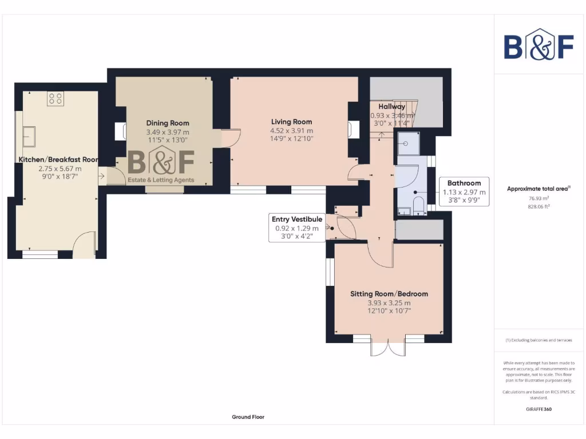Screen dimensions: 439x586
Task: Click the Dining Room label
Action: pos(167,123)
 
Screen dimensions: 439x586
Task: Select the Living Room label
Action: pos(291,122)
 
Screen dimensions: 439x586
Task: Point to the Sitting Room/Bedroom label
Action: pos(389,294)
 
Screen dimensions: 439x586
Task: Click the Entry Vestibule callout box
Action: pos(297,228)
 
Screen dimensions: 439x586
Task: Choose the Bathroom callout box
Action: pos(464,191)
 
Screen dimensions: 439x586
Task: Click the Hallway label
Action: pos(392,107)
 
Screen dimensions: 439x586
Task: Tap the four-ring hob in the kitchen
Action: pos(56,98)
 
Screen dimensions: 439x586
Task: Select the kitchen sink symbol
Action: pos(28,137)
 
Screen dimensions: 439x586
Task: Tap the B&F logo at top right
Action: pos(539,44)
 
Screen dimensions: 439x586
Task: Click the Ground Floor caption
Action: pos(248,417)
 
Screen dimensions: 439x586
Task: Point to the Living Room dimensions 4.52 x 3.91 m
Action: pos(291,130)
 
